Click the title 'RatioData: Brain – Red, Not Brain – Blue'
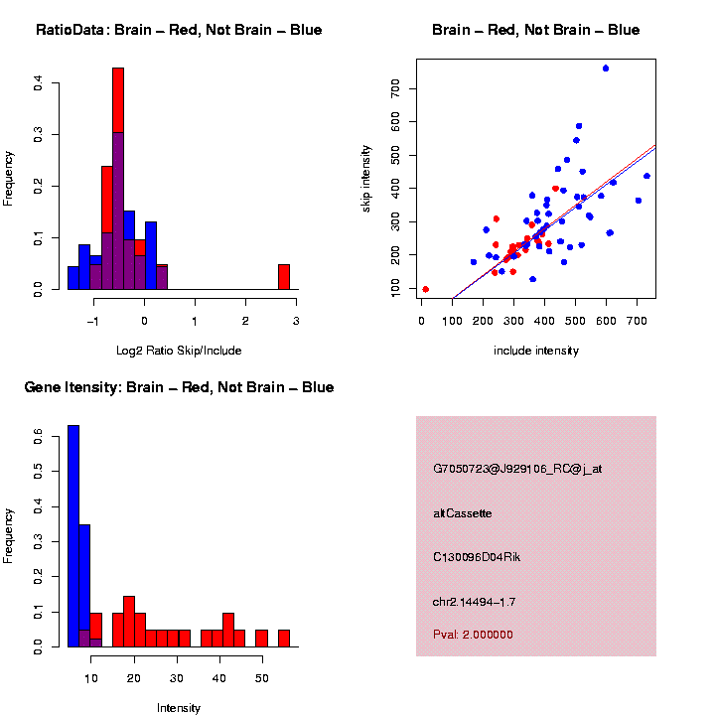(179, 30)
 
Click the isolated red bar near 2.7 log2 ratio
(284, 277)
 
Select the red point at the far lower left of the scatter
(425, 289)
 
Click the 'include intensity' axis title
(536, 351)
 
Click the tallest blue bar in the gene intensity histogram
(73, 536)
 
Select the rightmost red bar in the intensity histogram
(284, 639)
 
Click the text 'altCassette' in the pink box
(463, 513)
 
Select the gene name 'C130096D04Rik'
(477, 557)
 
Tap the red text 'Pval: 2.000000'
(473, 635)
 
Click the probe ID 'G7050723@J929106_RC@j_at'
(517, 469)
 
